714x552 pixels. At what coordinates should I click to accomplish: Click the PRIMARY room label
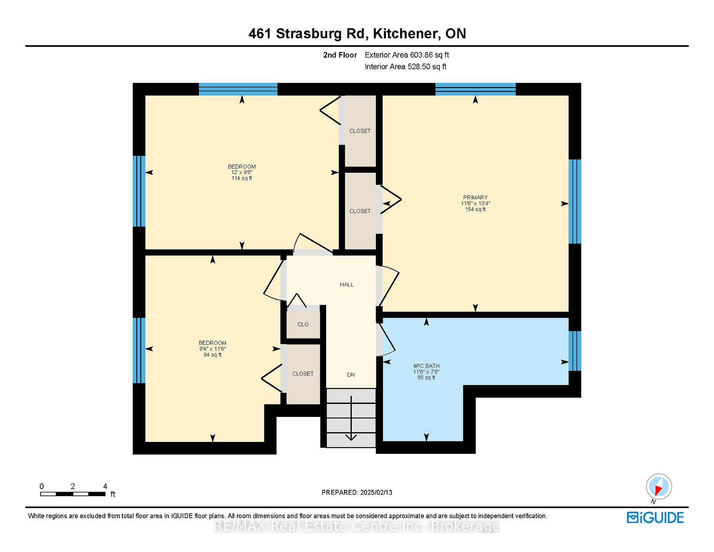pos(475,198)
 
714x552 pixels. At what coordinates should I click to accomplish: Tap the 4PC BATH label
pos(426,366)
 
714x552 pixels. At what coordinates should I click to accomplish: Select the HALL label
pos(347,285)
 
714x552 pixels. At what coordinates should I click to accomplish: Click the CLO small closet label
pos(303,324)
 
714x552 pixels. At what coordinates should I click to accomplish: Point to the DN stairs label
pos(351,375)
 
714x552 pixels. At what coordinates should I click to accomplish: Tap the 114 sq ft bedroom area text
pos(242,178)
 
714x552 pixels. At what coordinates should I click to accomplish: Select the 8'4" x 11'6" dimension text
pos(213,349)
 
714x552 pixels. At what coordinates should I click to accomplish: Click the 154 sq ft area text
pos(475,209)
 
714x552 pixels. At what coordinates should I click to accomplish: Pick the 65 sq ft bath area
pos(426,378)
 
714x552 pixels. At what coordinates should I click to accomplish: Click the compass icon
pos(659,487)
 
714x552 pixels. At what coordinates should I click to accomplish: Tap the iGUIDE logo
pos(655,518)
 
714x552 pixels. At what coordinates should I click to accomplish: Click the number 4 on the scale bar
pos(105,486)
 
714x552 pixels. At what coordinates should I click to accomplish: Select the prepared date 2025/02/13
pos(376,492)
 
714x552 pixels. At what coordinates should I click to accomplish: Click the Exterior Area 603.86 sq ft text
pos(407,55)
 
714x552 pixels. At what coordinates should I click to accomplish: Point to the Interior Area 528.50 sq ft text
pos(405,67)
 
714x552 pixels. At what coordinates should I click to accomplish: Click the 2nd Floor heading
pos(340,55)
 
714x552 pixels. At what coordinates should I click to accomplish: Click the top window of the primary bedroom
pos(475,89)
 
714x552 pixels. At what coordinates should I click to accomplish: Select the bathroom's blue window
pos(575,351)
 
